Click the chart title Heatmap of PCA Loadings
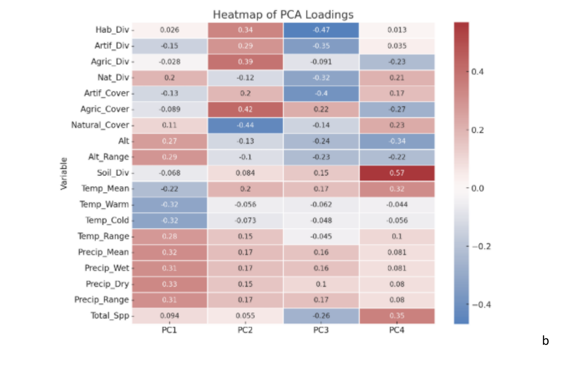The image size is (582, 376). pyautogui.click(x=283, y=15)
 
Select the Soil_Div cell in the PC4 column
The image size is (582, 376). pyautogui.click(x=397, y=173)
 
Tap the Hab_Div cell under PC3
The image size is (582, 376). pyautogui.click(x=321, y=30)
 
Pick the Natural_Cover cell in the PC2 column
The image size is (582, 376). pyautogui.click(x=245, y=125)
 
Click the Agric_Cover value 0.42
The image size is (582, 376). pyautogui.click(x=245, y=109)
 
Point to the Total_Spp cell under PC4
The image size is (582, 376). pyautogui.click(x=397, y=316)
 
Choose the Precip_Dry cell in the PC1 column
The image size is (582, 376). pyautogui.click(x=170, y=284)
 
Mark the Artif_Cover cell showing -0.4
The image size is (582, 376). pyautogui.click(x=321, y=93)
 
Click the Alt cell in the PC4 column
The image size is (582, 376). pyautogui.click(x=397, y=141)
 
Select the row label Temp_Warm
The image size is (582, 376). pyautogui.click(x=104, y=204)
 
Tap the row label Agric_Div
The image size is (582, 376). pyautogui.click(x=110, y=62)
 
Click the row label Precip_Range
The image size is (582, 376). pyautogui.click(x=102, y=300)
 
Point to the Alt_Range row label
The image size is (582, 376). pyautogui.click(x=108, y=157)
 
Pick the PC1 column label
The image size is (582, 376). pyautogui.click(x=170, y=330)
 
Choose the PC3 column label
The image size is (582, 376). pyautogui.click(x=321, y=330)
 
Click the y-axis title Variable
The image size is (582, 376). pyautogui.click(x=64, y=173)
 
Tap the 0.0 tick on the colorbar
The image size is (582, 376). pyautogui.click(x=477, y=188)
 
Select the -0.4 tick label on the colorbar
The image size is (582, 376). pyautogui.click(x=481, y=305)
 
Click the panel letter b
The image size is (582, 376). pyautogui.click(x=545, y=341)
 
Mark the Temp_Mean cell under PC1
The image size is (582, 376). pyautogui.click(x=170, y=189)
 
